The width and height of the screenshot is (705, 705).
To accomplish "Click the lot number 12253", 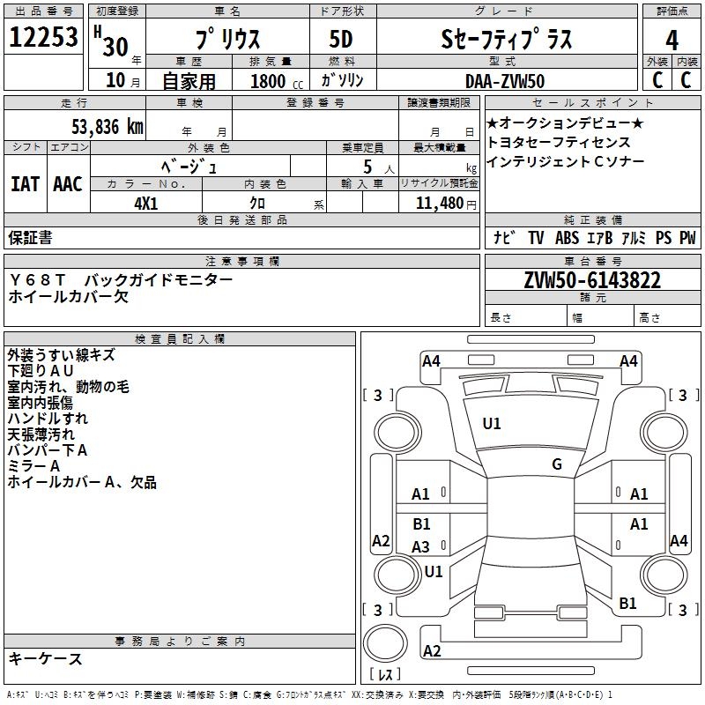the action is [43, 38].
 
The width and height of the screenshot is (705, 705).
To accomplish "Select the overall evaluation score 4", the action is [672, 40].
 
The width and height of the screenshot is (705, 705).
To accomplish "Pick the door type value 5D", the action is [341, 40].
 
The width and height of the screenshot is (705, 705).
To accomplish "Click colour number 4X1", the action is [146, 203].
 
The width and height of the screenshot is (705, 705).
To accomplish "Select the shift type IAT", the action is [24, 183].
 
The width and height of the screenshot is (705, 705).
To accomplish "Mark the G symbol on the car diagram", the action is [556, 464].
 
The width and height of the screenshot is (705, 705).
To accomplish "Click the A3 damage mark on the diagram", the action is [421, 547].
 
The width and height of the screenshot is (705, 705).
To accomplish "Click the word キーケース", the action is [45, 659].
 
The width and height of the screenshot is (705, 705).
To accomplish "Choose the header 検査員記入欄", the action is [180, 338].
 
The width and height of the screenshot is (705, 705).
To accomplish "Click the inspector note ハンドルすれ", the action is [48, 419].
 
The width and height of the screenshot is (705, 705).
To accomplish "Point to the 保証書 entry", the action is [30, 237].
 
